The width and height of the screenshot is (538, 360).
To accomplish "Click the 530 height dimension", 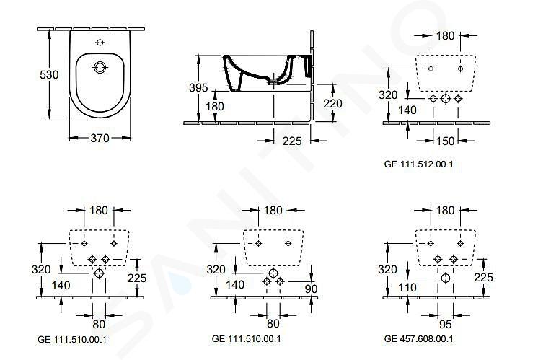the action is point(49,74).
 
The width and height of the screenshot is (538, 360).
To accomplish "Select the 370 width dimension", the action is point(100,138).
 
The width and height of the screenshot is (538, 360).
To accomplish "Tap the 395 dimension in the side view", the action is point(198,87).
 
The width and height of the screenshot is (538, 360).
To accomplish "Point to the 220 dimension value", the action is point(332,103).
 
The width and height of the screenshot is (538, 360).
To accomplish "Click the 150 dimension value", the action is point(445,141).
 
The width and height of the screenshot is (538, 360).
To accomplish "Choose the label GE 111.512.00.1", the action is point(418,164).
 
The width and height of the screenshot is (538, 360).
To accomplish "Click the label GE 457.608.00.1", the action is point(418,339).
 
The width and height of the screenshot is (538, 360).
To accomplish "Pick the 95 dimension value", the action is point(446,324).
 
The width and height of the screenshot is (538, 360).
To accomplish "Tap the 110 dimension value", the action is point(407,288).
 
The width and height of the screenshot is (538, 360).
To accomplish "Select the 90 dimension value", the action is point(311,289).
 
